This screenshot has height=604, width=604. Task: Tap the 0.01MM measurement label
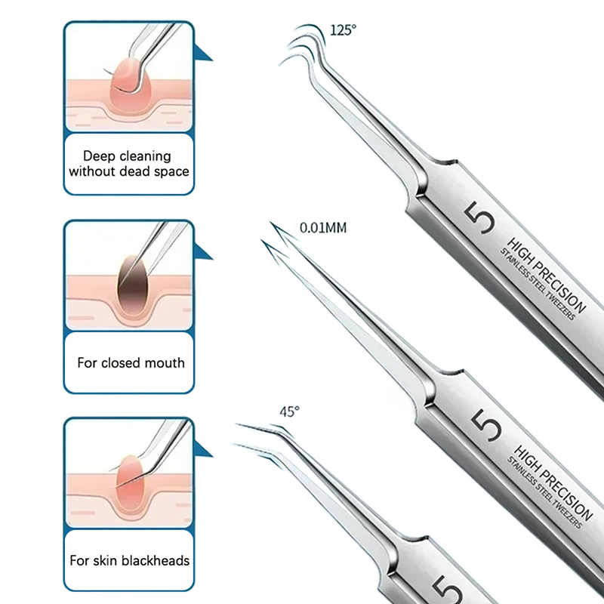click(x=322, y=226)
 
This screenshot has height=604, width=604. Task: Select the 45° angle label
click(x=290, y=411)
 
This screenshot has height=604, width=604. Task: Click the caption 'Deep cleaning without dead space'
click(x=128, y=164)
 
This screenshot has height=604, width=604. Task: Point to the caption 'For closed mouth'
click(x=131, y=362)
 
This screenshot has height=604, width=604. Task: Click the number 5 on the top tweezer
click(x=484, y=217)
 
